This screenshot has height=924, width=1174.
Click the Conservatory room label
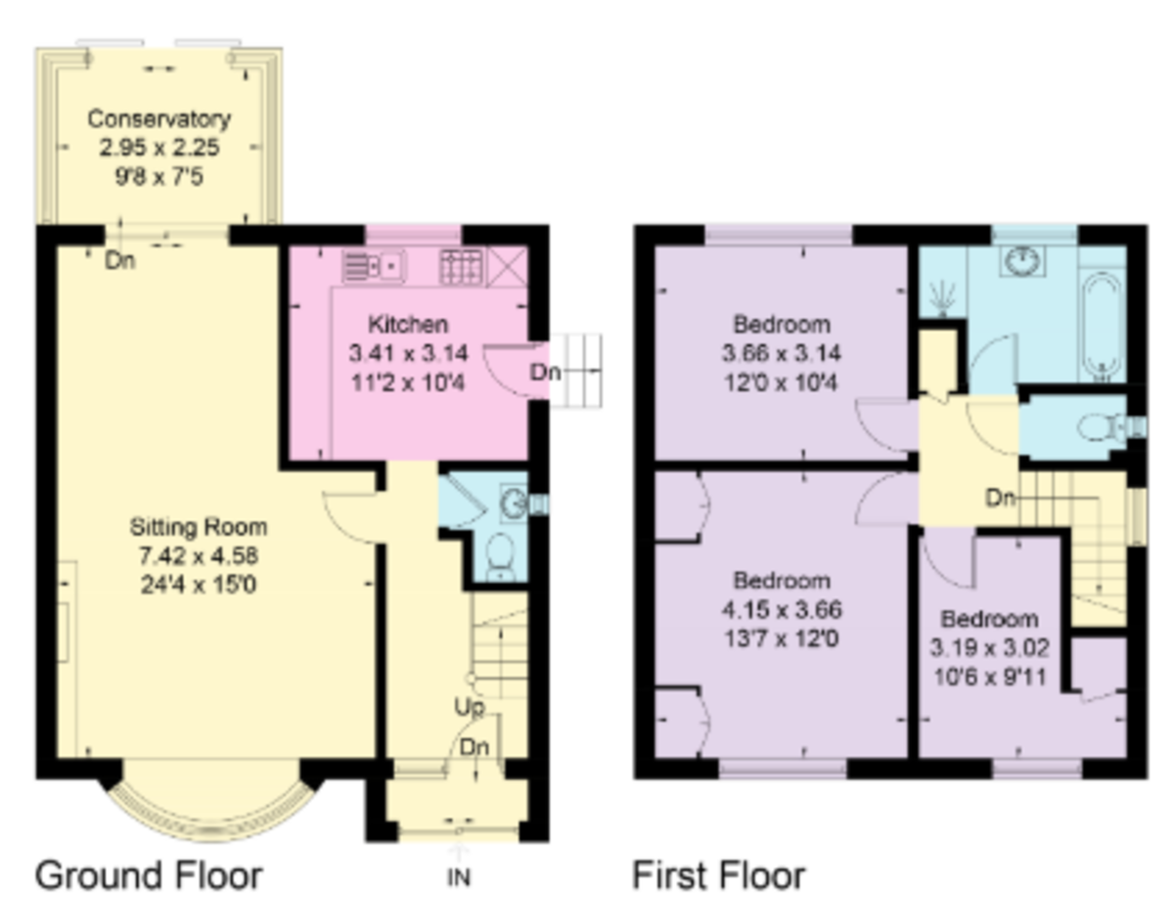coord(159,119)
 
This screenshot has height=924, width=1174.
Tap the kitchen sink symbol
coord(374,264)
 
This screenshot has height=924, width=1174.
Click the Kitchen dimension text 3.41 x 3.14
coord(408,353)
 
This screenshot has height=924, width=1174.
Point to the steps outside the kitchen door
coord(576,371)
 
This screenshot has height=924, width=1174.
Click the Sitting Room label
coord(199,528)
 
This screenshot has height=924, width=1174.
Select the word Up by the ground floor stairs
coord(469,706)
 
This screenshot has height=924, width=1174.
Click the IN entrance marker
coord(459,878)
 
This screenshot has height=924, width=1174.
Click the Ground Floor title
coord(149,875)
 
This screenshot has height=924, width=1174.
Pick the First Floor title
coord(719,875)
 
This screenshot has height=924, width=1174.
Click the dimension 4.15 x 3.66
coord(782,610)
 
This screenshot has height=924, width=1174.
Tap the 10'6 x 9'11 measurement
coord(989,674)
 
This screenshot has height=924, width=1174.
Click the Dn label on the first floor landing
coord(1000,499)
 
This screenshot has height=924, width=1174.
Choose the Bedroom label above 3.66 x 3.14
coord(782,324)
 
